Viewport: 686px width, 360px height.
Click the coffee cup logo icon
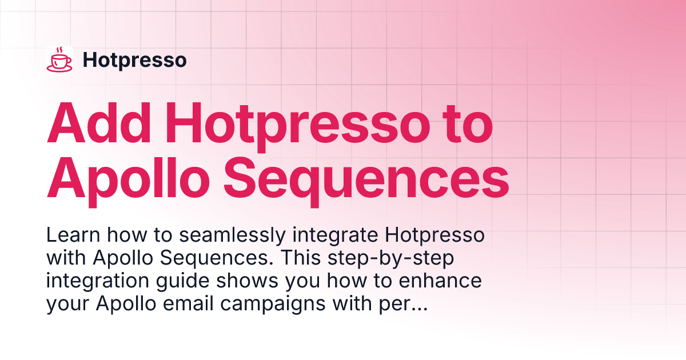click(59, 59)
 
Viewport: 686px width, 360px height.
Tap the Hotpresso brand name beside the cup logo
click(134, 60)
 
